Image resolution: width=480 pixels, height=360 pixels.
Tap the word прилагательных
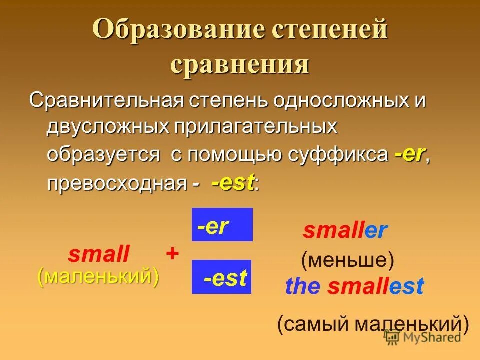[255, 127]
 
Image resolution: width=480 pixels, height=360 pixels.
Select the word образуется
[103, 154]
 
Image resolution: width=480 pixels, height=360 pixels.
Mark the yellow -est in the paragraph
[233, 183]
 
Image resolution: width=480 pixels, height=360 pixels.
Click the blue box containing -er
[222, 225]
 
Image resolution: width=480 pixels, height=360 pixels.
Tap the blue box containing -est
[221, 277]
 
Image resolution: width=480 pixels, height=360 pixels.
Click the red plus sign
[172, 254]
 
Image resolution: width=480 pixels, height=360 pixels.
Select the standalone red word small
[98, 255]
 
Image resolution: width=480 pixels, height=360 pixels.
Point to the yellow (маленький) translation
[98, 276]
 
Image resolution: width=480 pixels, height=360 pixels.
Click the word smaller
[345, 231]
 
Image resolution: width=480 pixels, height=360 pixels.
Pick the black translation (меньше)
[347, 260]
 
